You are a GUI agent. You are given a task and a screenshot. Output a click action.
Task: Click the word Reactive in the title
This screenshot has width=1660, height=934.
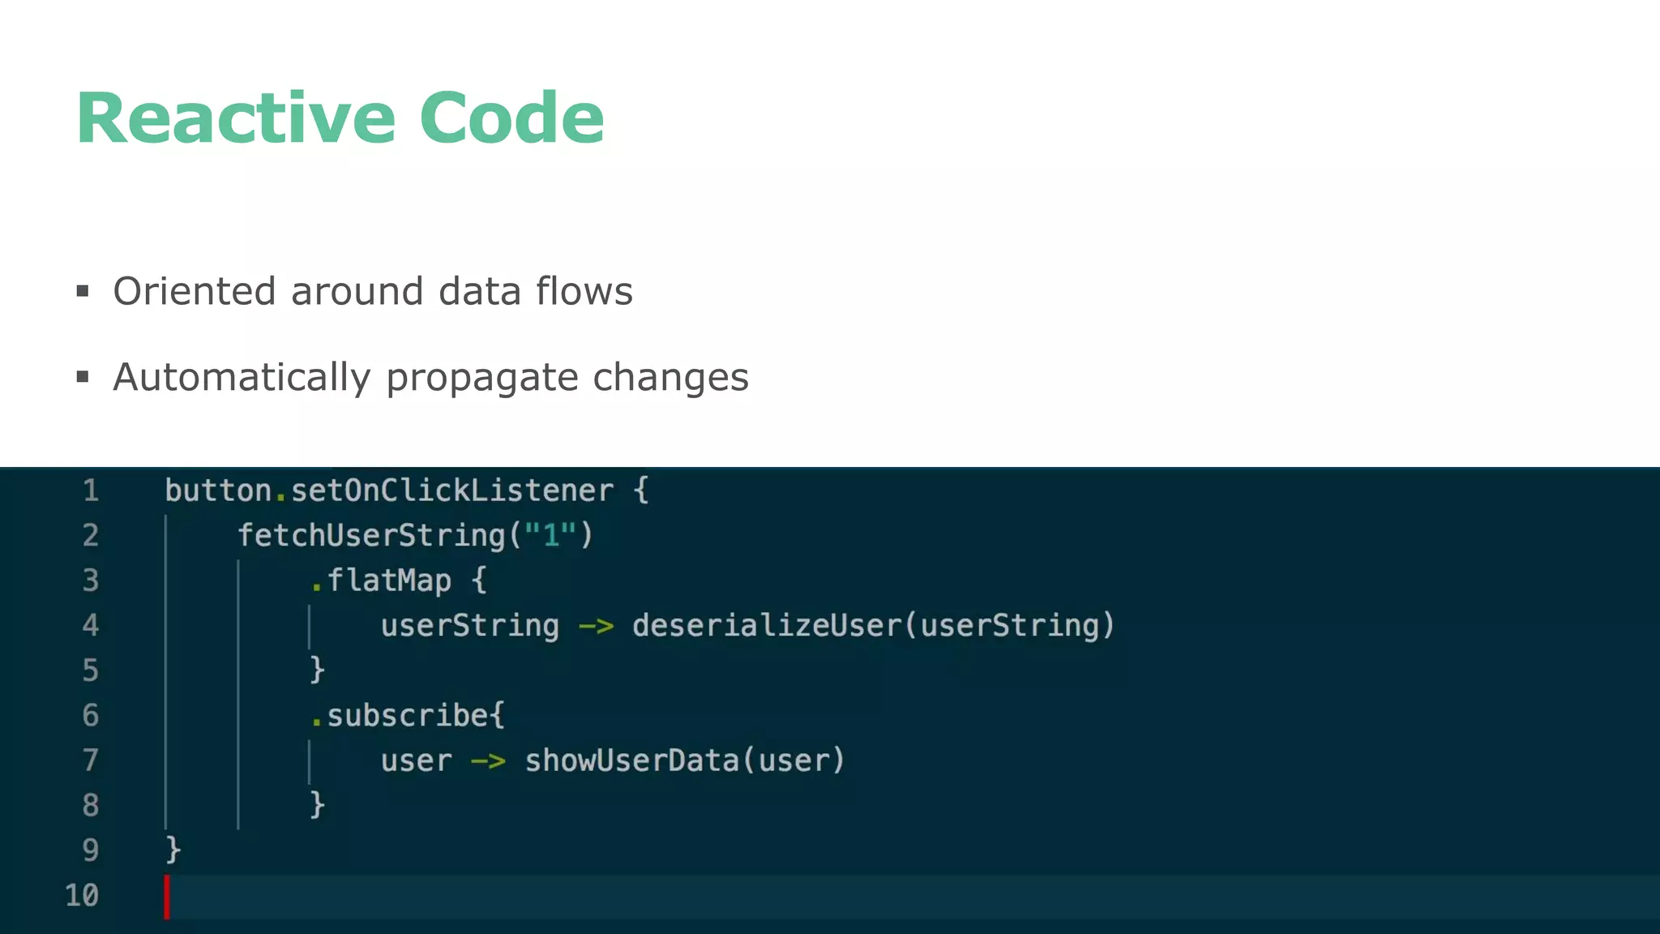pyautogui.click(x=235, y=118)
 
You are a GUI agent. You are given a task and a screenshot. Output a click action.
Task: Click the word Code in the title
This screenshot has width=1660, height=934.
pyautogui.click(x=511, y=118)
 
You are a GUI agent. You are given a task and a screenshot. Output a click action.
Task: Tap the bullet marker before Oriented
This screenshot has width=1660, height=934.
pyautogui.click(x=83, y=290)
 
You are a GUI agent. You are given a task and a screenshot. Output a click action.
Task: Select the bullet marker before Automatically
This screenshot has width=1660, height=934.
pyautogui.click(x=83, y=376)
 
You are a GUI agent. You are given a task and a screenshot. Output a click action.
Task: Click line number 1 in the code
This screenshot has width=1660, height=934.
pyautogui.click(x=91, y=491)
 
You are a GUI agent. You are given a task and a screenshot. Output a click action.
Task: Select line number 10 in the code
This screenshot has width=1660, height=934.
pyautogui.click(x=82, y=895)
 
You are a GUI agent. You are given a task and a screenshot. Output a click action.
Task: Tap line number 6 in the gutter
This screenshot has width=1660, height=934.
pyautogui.click(x=91, y=715)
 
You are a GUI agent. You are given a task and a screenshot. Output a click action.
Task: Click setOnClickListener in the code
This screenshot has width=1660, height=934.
pyautogui.click(x=452, y=491)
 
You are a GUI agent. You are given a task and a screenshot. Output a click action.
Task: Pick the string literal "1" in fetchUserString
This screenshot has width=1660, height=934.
pyautogui.click(x=551, y=535)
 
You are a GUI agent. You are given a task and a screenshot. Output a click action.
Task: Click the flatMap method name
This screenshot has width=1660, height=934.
pyautogui.click(x=389, y=581)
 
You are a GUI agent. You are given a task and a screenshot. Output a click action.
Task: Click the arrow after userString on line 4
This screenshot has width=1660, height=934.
pyautogui.click(x=596, y=626)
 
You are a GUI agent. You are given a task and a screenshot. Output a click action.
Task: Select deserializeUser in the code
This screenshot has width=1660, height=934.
pyautogui.click(x=766, y=625)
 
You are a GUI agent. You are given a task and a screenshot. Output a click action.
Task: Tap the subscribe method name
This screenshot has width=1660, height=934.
pyautogui.click(x=408, y=715)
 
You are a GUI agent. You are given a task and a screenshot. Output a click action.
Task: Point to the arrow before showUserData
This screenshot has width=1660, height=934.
pyautogui.click(x=488, y=760)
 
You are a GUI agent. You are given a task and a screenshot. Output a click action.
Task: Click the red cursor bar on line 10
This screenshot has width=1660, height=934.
pyautogui.click(x=167, y=896)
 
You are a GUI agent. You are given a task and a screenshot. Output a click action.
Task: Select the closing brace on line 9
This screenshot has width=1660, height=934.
pyautogui.click(x=173, y=850)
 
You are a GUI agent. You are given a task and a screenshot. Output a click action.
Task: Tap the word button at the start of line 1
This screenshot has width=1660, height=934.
pyautogui.click(x=218, y=491)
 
